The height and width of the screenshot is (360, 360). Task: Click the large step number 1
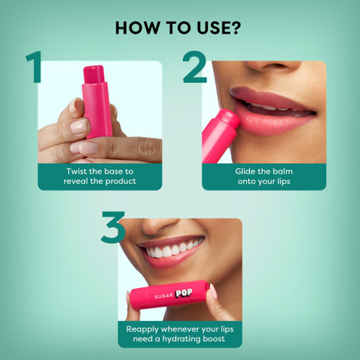tap(32, 67)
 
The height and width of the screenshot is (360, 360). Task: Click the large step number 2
tap(193, 67)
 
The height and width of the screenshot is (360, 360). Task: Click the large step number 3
tap(112, 229)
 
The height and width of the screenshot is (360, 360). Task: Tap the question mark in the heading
tap(238, 28)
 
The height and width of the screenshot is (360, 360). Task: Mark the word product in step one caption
tap(120, 181)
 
